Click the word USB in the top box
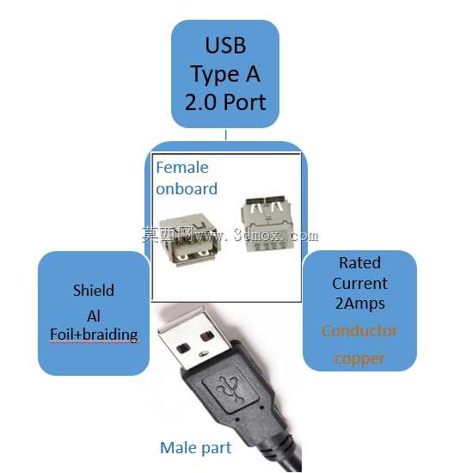(225, 46)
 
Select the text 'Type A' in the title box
(225, 74)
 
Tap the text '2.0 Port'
(225, 102)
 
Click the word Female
(182, 168)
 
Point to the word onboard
(187, 189)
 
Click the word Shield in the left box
(94, 290)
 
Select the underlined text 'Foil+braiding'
(94, 335)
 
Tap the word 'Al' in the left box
(94, 316)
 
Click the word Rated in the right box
(359, 262)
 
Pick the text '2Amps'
(360, 304)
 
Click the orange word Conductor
(359, 331)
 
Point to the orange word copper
(359, 359)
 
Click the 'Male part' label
(196, 448)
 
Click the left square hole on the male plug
(183, 348)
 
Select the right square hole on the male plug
(207, 336)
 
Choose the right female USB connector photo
(267, 224)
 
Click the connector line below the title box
(225, 135)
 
